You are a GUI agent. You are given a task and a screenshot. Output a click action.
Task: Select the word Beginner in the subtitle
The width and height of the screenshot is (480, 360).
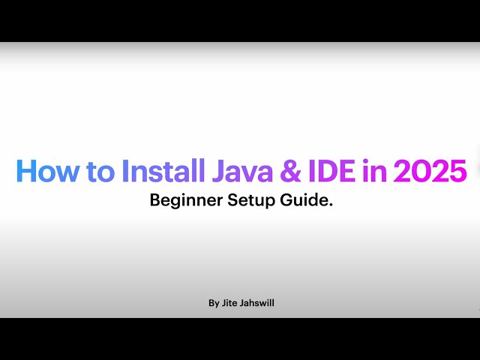183,201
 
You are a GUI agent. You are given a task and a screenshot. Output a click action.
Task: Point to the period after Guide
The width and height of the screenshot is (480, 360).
331,205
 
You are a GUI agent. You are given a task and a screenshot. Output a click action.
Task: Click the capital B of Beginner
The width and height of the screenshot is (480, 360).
155,201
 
